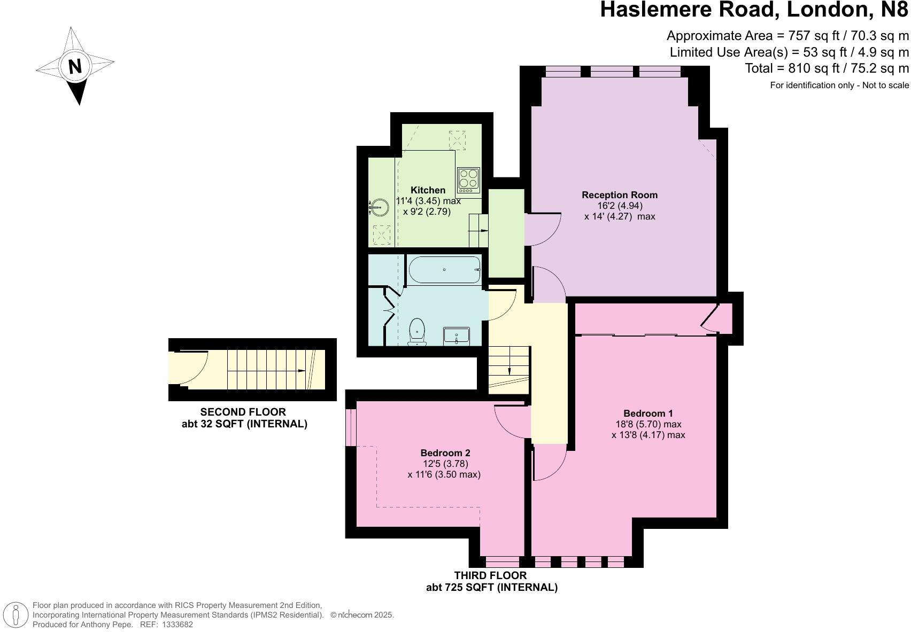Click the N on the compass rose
[x=75, y=66]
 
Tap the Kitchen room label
[x=428, y=190]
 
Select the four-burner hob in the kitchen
[x=468, y=180]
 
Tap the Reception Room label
[x=620, y=195]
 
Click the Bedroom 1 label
[x=648, y=413]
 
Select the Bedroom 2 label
[x=445, y=452]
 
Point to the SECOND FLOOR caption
[x=243, y=412]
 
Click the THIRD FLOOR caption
[x=490, y=575]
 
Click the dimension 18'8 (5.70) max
[x=648, y=424]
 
